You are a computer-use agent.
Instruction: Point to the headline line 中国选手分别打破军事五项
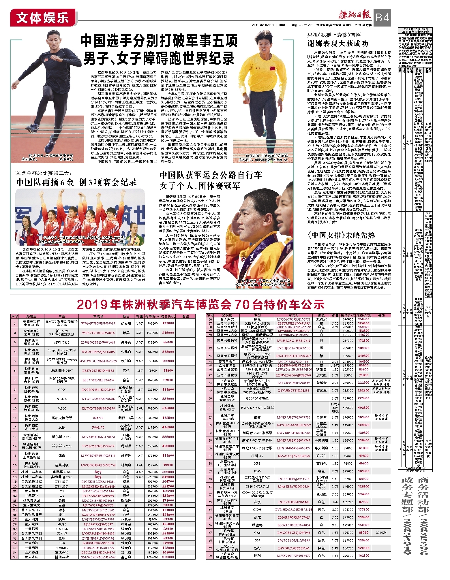click(x=159, y=41)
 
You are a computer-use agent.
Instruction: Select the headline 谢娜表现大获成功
click(x=338, y=44)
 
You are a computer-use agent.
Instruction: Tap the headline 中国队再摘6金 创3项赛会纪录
click(x=76, y=182)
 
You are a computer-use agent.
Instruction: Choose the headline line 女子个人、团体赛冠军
click(x=200, y=186)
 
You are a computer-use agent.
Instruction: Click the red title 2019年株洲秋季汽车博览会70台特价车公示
click(x=200, y=304)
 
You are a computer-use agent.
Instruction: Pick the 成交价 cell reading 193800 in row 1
click(x=168, y=323)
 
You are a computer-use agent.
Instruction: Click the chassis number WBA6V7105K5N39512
click(x=98, y=323)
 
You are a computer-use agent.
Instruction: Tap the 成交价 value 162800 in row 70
click(x=363, y=555)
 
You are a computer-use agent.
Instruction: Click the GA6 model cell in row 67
click(x=257, y=532)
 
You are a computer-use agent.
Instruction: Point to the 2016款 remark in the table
click(x=381, y=532)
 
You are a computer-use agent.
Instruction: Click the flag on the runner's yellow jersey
click(x=272, y=68)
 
